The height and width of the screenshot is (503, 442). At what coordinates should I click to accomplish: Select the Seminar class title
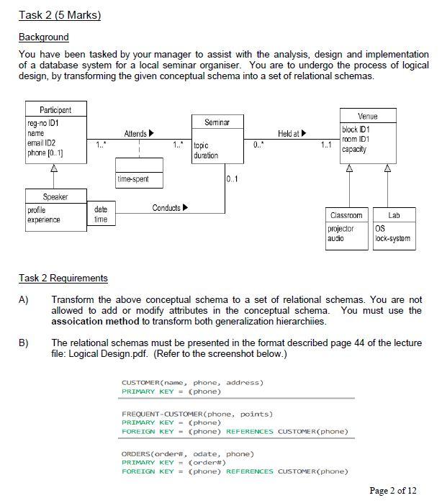coord(217,122)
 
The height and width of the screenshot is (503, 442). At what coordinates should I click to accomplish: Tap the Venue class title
coord(367,116)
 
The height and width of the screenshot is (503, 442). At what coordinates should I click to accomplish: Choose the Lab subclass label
coord(394,215)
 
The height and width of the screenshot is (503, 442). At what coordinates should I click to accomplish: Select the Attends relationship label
coord(139,134)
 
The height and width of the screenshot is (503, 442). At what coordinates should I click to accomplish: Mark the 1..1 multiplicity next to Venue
coord(326,146)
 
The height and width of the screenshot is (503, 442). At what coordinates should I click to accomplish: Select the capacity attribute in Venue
coord(354,150)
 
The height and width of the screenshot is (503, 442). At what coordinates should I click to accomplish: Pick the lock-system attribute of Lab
coord(392,238)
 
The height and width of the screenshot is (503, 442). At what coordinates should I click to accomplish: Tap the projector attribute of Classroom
coord(341,229)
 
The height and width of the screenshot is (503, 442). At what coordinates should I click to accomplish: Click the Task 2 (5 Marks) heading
coord(60,15)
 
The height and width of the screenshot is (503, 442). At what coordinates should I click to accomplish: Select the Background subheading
coord(43,37)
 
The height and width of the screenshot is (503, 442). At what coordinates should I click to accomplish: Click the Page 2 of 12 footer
coord(392,491)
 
